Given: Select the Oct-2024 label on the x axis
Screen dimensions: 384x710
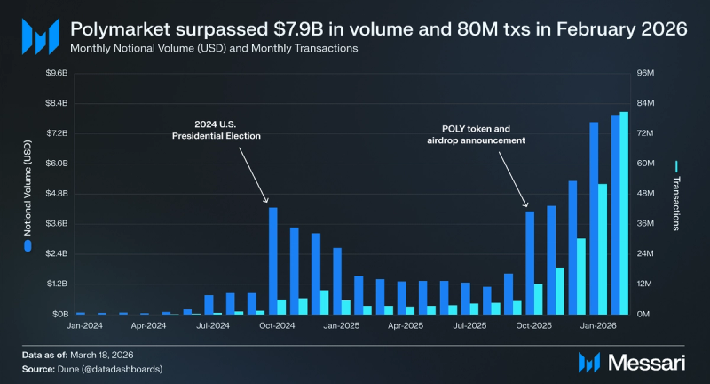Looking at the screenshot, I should click(x=277, y=326).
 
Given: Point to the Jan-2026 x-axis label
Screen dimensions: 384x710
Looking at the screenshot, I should click(x=598, y=326).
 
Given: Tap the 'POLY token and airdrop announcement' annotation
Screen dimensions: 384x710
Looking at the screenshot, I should click(x=470, y=134).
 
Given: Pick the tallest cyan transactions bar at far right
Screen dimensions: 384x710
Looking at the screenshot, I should click(x=624, y=212).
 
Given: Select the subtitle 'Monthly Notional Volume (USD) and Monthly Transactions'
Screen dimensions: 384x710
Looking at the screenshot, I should click(x=213, y=48).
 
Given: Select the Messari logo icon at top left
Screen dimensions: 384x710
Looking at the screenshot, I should click(x=39, y=36).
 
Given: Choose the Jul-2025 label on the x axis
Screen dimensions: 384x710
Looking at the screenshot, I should click(x=469, y=326).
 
